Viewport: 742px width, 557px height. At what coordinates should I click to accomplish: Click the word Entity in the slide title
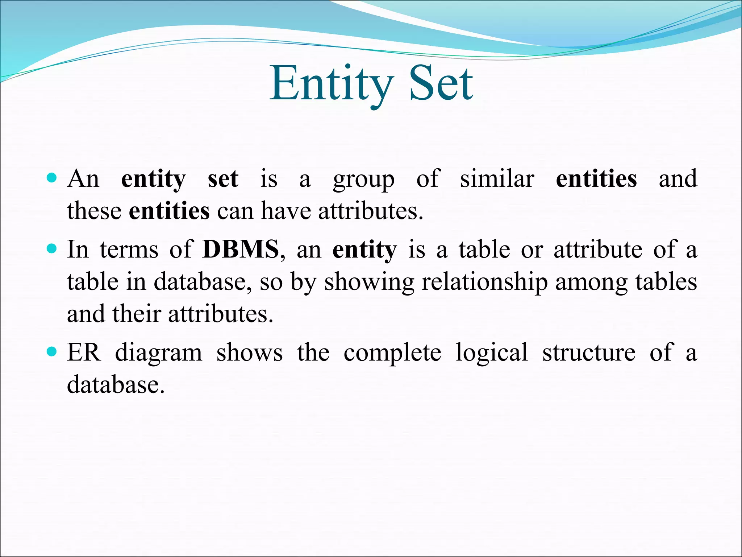pos(331,84)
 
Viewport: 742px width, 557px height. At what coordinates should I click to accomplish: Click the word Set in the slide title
pos(441,84)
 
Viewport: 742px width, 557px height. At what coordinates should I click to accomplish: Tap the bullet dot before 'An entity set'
pos(52,178)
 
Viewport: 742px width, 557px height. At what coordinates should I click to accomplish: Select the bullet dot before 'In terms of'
pos(52,249)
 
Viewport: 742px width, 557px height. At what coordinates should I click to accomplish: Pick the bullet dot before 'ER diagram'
pos(52,352)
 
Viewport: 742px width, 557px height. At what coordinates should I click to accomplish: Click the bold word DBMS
pos(241,249)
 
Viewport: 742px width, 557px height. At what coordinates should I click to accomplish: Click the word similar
pos(497,178)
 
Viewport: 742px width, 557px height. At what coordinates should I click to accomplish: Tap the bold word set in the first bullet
pos(223,179)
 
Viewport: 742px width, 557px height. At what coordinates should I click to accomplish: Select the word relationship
pos(484,282)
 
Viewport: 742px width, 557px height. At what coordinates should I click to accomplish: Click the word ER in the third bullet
pos(84,352)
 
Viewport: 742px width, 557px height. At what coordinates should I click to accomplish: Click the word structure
pos(589,352)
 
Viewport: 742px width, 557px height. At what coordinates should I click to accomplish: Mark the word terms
pos(129,250)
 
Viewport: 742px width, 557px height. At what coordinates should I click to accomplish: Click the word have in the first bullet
pos(286,211)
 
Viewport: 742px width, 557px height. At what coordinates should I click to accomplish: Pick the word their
pos(137,314)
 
